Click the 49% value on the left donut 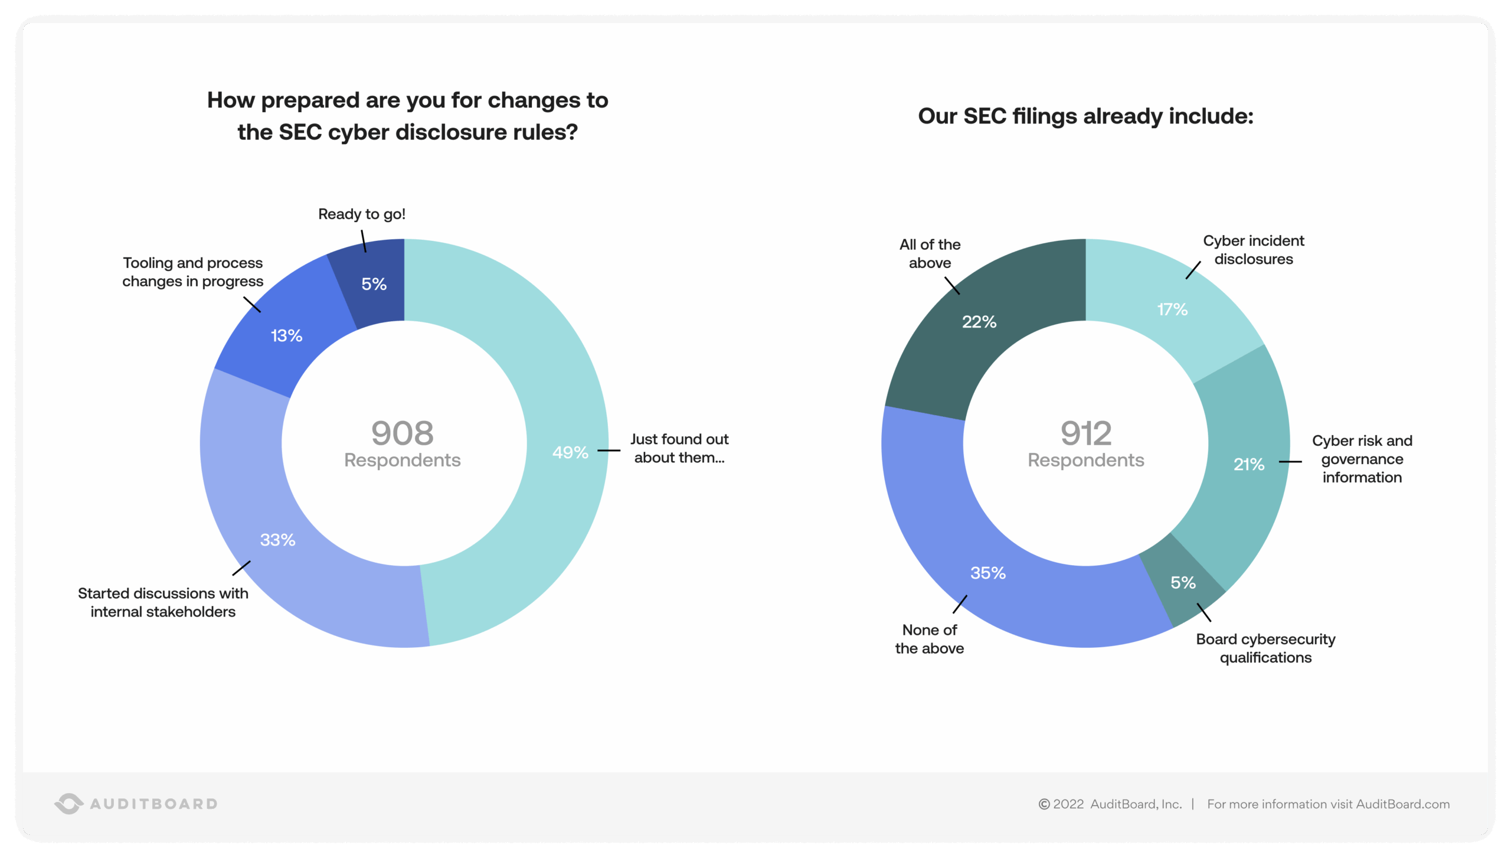pos(570,452)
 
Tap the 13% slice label pos(286,336)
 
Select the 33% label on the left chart pos(277,540)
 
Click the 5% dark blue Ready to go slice pos(374,284)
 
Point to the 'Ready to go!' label pos(361,214)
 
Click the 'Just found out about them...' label pos(679,448)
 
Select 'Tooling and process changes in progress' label pos(192,272)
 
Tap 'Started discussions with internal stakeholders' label pos(163,602)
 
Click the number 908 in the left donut pos(402,433)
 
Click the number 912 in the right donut pos(1085,433)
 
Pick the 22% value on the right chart pos(979,322)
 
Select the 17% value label pos(1172,309)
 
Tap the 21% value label pos(1248,464)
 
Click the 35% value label pos(987,573)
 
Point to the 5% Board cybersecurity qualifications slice pos(1182,583)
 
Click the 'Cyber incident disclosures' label pos(1253,250)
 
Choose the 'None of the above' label pos(929,639)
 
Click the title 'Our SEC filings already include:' pos(1085,116)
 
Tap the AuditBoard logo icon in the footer pos(69,804)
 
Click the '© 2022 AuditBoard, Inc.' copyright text pos(1110,804)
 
